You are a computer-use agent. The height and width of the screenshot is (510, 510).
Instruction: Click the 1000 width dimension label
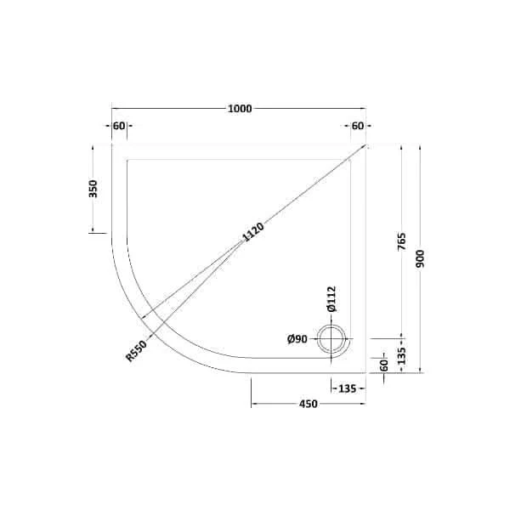[240, 109]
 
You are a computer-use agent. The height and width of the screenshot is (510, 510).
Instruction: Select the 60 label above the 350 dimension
[119, 127]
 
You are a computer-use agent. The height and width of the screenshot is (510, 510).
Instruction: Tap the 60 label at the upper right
[358, 127]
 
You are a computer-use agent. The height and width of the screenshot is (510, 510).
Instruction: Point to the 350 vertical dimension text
[93, 189]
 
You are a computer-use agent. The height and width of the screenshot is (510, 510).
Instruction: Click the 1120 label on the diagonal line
[254, 231]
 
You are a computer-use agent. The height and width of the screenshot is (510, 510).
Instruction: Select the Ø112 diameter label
[332, 299]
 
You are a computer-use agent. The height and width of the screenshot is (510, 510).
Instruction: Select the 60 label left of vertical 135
[382, 365]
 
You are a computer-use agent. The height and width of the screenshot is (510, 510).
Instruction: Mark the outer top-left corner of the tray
[112, 144]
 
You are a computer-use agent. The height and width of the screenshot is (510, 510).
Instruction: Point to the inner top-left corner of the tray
[127, 159]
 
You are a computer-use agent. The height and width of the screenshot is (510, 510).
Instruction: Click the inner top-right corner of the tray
[352, 159]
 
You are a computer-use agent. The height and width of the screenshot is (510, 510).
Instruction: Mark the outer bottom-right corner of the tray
[366, 372]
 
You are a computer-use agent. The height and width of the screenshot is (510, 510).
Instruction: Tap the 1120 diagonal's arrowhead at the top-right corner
[365, 146]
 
